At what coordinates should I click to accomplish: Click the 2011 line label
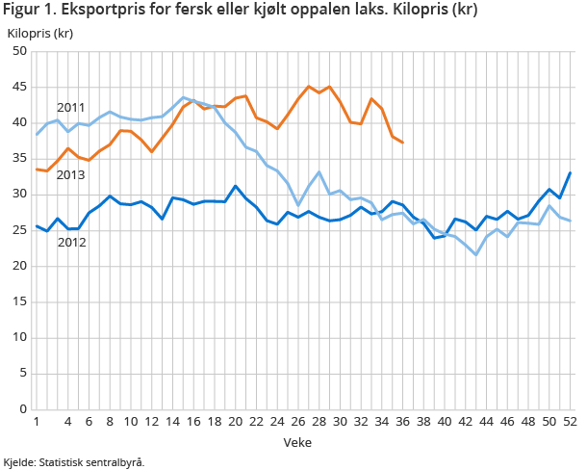pos(71,107)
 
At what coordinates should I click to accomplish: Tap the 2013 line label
pos(71,175)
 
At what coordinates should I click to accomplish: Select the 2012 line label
pos(71,243)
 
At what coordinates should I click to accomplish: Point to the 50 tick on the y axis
pos(18,51)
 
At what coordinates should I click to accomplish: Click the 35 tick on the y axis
pos(18,159)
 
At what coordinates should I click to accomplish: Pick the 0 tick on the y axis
pos(22,409)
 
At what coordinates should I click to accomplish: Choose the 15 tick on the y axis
pos(18,302)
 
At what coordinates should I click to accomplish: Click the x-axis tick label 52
pos(570,423)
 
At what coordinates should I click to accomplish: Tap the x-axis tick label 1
pos(37,423)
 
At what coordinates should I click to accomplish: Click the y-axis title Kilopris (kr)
pos(40,33)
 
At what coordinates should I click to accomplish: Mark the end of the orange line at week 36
pos(402,143)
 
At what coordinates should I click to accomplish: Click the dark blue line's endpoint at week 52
pos(570,173)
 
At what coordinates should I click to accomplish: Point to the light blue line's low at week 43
pos(475,254)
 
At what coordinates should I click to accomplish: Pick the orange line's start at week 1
pos(37,170)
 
